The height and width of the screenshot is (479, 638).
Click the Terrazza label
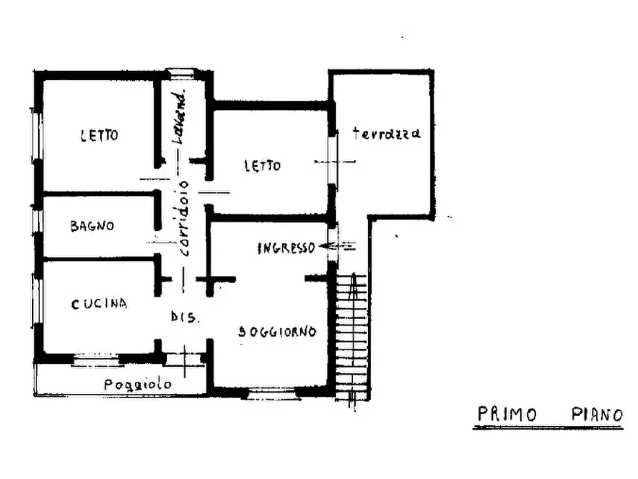[386, 133]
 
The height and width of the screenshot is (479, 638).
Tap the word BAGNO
[92, 227]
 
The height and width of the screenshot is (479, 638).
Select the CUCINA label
[99, 303]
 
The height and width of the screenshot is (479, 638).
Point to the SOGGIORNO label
[277, 332]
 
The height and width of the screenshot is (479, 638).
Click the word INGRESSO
[286, 248]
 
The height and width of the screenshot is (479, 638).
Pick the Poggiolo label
[138, 385]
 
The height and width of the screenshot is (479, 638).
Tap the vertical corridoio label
[184, 217]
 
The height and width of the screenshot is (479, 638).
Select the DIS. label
[184, 317]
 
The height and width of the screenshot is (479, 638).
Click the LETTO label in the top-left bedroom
[99, 134]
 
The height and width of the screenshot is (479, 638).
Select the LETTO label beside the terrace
[262, 166]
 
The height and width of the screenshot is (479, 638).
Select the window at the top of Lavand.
[181, 72]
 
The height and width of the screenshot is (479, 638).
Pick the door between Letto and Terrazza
[332, 162]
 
